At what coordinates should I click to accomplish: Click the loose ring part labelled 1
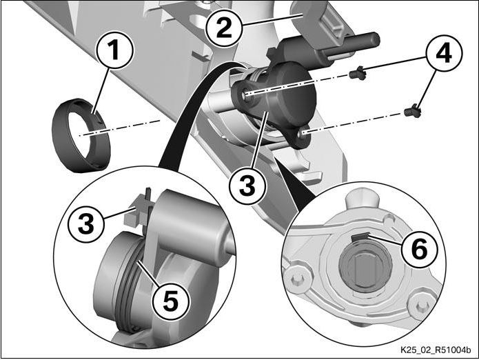[81, 134]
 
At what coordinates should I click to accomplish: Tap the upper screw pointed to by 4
[356, 71]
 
